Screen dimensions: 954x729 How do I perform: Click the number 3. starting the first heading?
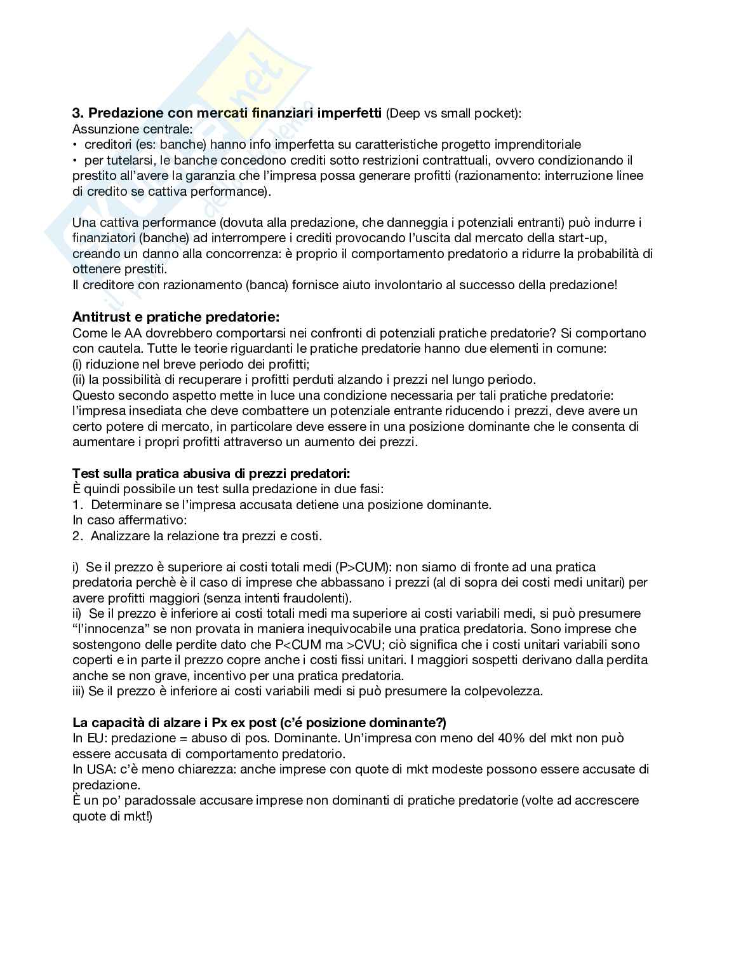[x=78, y=113]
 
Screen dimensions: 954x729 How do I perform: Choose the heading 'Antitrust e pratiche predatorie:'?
[x=176, y=317]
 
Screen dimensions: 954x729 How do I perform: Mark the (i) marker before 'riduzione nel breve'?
[x=78, y=364]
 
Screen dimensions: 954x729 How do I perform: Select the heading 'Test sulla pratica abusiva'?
[x=211, y=474]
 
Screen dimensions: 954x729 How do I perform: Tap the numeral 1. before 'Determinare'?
[x=78, y=505]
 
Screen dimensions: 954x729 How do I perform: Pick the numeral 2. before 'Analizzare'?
[x=78, y=536]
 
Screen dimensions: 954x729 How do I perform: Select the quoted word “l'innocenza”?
[x=110, y=629]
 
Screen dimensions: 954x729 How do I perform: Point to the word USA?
[x=97, y=769]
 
